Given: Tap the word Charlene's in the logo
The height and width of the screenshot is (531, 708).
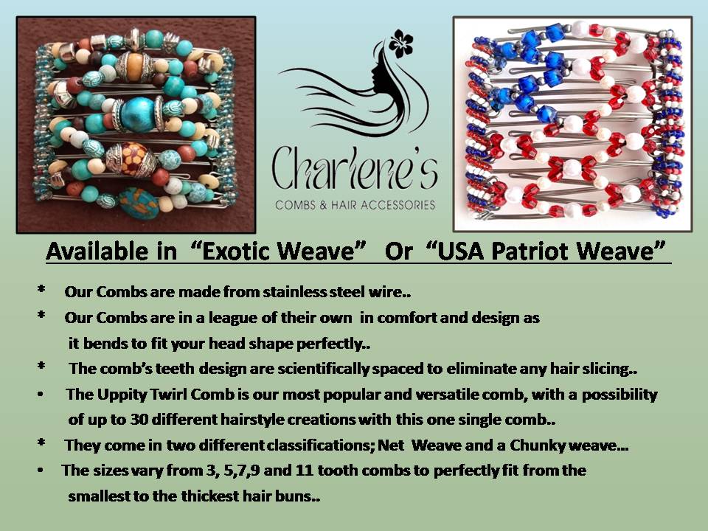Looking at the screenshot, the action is (x=355, y=168).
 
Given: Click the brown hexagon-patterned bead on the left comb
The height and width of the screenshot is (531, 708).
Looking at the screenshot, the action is (x=133, y=158).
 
